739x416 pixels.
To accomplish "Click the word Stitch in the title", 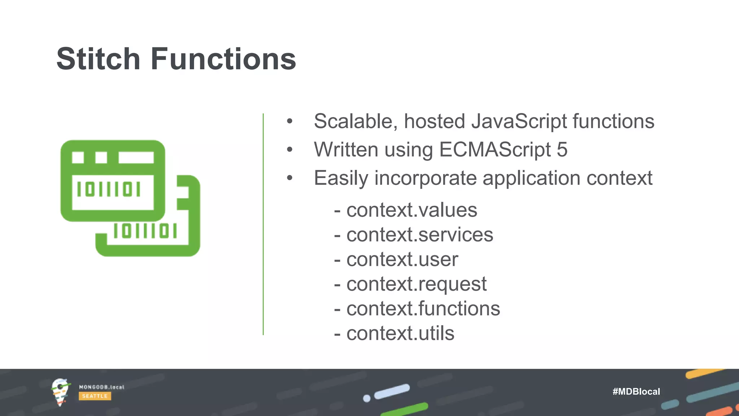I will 98,59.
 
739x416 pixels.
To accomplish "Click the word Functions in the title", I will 223,59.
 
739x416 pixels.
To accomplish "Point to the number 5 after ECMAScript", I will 562,149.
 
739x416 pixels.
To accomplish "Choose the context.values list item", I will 411,210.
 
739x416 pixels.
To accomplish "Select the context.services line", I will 419,235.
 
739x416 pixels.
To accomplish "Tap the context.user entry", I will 402,259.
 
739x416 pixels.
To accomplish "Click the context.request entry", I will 416,284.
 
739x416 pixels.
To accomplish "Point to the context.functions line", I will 423,309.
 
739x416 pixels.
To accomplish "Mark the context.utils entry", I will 400,333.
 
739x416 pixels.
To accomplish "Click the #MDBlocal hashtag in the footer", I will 636,391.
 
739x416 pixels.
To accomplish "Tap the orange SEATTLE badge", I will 95,396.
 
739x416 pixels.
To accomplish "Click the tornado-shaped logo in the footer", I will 60,392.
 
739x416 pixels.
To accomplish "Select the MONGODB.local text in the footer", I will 101,387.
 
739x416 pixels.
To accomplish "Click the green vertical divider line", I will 263,224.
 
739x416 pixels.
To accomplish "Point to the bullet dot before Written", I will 289,149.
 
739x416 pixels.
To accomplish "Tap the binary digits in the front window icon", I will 109,189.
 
